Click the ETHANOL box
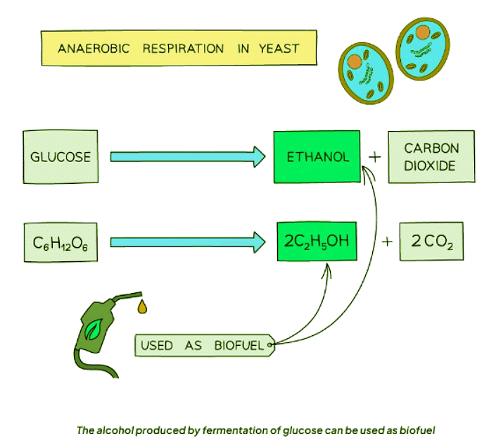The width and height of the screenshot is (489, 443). tap(317, 156)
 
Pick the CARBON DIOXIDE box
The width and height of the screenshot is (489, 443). tap(431, 157)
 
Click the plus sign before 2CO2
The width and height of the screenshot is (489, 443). tap(386, 243)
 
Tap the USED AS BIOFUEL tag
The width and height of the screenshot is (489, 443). tap(204, 345)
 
